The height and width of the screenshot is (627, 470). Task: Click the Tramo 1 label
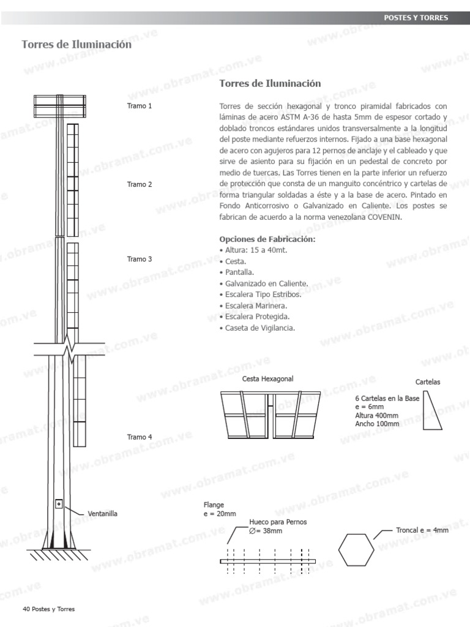point(140,106)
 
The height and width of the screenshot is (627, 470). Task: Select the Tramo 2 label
point(140,184)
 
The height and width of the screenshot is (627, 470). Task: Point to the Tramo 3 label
point(140,259)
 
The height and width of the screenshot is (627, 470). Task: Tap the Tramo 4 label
point(140,437)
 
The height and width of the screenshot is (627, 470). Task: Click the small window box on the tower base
point(59,505)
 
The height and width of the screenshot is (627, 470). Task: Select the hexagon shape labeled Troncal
point(358,550)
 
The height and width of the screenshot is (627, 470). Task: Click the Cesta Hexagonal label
point(267,379)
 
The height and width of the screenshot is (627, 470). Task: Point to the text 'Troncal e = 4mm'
point(422,530)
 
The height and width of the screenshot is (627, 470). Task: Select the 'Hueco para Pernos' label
point(278,522)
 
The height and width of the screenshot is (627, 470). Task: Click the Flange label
point(214,505)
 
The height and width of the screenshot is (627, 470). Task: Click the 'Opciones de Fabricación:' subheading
point(267,239)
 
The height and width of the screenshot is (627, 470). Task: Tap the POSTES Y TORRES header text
point(416,18)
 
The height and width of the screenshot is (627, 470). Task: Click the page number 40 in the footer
point(26,609)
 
